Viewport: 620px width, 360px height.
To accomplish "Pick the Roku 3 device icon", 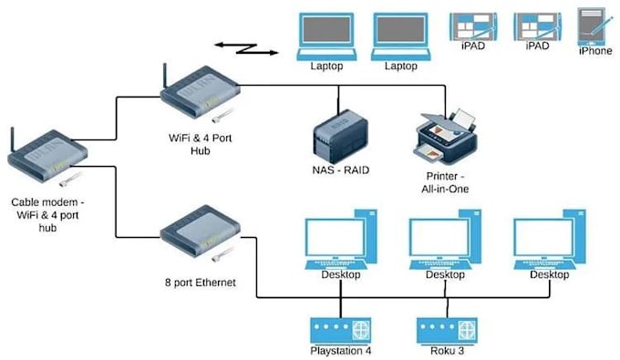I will coord(446,329).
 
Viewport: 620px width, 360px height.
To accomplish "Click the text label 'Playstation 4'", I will coord(339,351).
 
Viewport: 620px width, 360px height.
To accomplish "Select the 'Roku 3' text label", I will coord(446,351).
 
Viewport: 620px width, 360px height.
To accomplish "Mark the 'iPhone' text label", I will coord(595,52).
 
